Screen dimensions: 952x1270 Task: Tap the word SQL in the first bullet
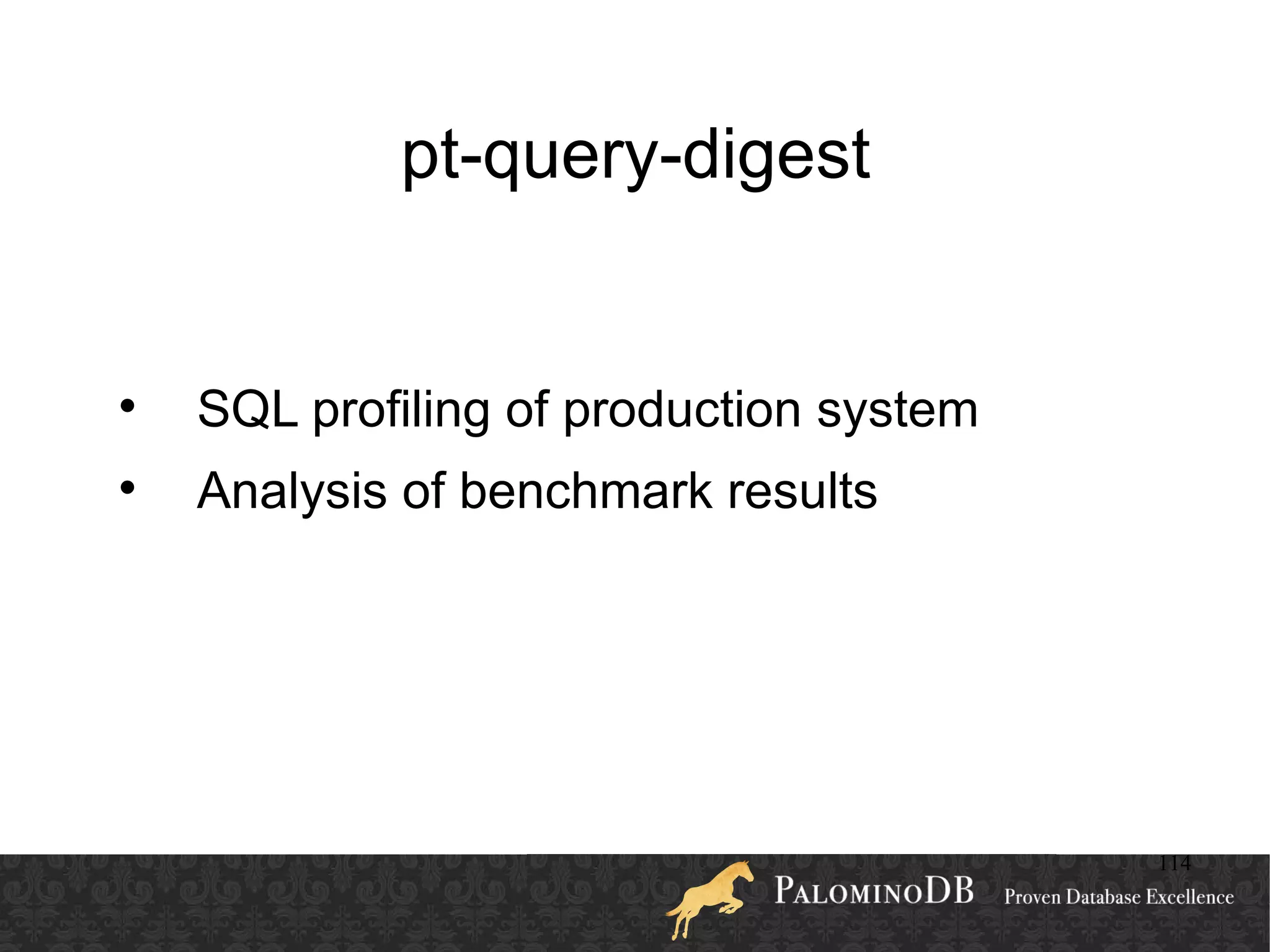247,409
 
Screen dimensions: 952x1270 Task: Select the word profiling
401,411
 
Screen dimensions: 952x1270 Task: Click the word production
682,411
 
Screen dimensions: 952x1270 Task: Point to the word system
897,411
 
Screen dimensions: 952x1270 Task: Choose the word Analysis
291,491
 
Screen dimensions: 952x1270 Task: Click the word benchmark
585,491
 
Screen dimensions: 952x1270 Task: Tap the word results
802,491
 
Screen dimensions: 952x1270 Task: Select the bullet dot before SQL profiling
127,407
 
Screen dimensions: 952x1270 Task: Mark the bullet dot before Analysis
127,489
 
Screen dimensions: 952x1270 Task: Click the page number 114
1175,863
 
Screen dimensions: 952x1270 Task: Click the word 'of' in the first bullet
527,409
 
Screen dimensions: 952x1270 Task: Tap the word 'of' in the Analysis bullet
424,491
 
